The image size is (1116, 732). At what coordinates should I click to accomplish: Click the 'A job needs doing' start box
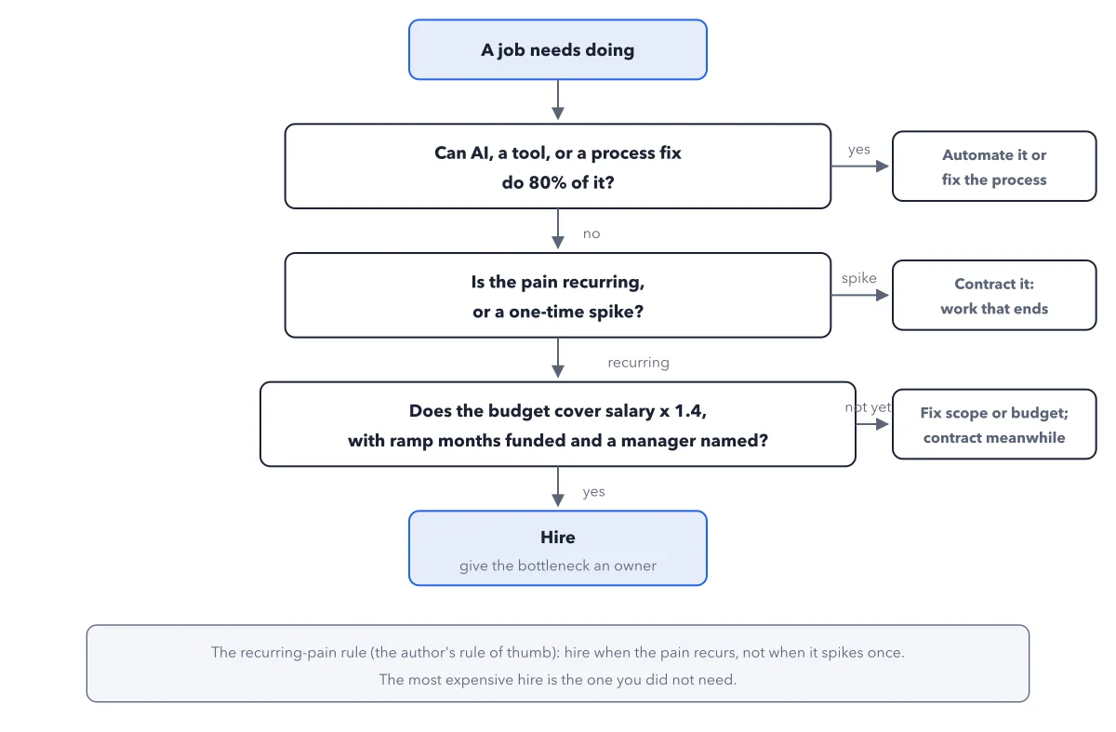557,50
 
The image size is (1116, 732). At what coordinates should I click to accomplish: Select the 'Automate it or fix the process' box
994,166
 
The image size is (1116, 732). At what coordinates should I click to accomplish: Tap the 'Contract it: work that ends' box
994,295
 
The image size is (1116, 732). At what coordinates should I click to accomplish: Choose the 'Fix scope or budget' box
994,424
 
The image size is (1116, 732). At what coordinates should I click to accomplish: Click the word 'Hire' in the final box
557,538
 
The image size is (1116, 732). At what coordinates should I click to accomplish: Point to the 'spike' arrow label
859,278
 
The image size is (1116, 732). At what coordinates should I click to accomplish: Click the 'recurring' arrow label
638,363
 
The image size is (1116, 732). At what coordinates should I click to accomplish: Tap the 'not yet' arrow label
868,407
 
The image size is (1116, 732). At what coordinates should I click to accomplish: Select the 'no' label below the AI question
591,233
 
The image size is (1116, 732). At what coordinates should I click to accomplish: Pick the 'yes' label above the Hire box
594,492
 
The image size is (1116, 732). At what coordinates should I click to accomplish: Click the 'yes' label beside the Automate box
859,150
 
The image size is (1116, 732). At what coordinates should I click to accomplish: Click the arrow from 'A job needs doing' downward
557,100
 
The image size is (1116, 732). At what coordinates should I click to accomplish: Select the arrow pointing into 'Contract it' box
860,295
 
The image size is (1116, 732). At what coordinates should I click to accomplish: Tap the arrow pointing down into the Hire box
557,486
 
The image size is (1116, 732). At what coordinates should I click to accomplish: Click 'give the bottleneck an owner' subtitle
557,566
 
